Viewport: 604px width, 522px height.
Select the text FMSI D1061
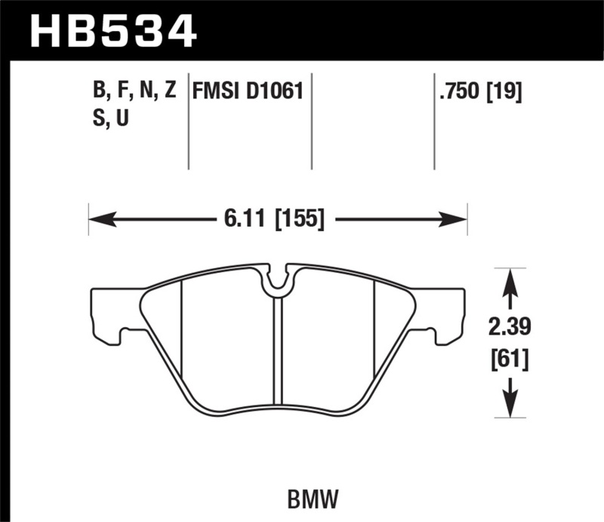[x=248, y=92]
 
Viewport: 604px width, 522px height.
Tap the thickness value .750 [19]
[x=479, y=92]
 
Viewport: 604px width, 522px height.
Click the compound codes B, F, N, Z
[x=134, y=92]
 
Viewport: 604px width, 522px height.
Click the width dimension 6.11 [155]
[x=274, y=220]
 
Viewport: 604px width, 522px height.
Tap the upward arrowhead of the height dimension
[x=511, y=280]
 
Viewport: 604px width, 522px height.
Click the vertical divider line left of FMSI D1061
[x=188, y=121]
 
